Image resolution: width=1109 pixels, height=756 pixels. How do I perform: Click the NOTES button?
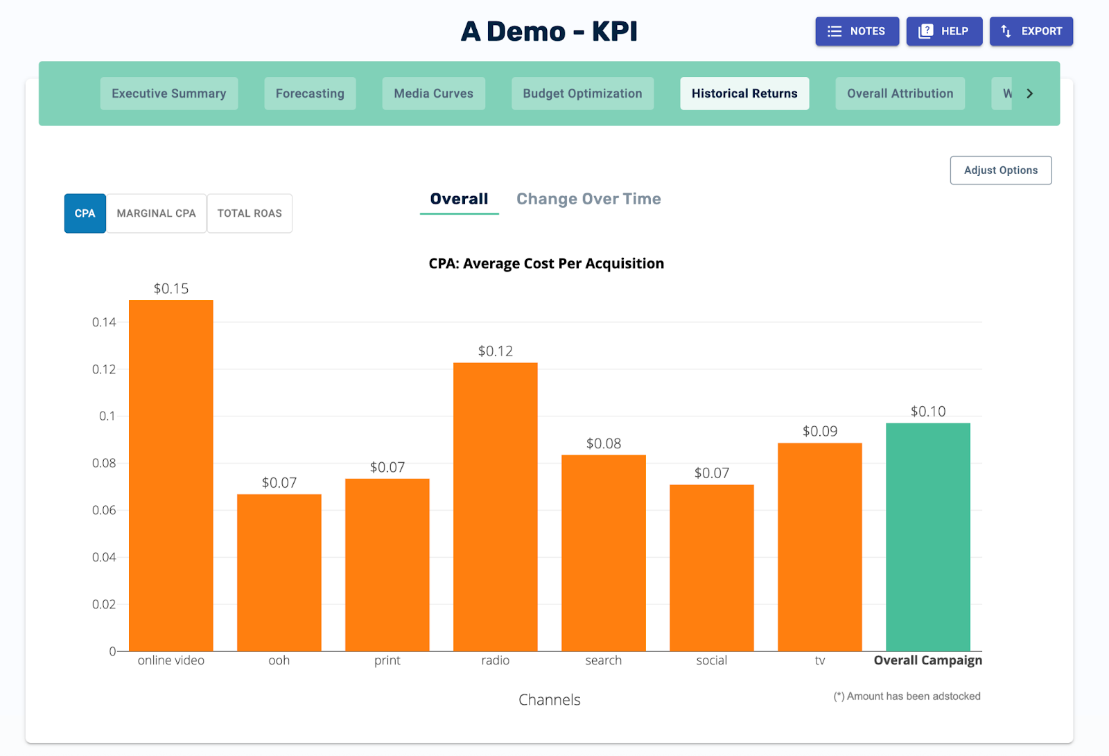click(857, 31)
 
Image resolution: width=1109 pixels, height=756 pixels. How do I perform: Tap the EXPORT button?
click(1031, 31)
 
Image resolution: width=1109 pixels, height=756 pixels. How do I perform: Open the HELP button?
click(944, 31)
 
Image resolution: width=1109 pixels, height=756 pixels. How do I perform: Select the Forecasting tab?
click(310, 94)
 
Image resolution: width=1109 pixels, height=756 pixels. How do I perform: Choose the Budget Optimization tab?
click(582, 94)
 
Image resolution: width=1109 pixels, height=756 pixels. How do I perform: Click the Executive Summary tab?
click(169, 94)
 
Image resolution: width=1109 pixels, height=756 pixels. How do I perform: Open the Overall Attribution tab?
click(900, 94)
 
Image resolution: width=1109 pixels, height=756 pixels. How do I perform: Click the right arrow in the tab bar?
click(1030, 94)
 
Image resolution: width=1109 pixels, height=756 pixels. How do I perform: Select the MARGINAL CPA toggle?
click(156, 213)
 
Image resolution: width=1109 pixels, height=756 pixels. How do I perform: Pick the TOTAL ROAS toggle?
click(250, 213)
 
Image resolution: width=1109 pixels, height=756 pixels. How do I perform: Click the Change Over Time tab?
click(588, 199)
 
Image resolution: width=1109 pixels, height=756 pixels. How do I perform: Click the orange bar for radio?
click(495, 506)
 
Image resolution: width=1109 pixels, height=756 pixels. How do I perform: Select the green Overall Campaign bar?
click(927, 537)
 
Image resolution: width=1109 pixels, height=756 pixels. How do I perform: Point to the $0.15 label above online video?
click(171, 288)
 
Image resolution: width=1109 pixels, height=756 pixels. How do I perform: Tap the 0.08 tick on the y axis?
click(104, 463)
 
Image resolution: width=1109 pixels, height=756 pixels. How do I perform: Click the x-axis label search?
click(603, 660)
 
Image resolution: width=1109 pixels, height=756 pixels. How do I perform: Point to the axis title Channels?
click(549, 700)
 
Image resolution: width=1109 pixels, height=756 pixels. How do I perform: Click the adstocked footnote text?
click(907, 696)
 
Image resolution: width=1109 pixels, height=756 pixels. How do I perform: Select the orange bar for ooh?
click(279, 572)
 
